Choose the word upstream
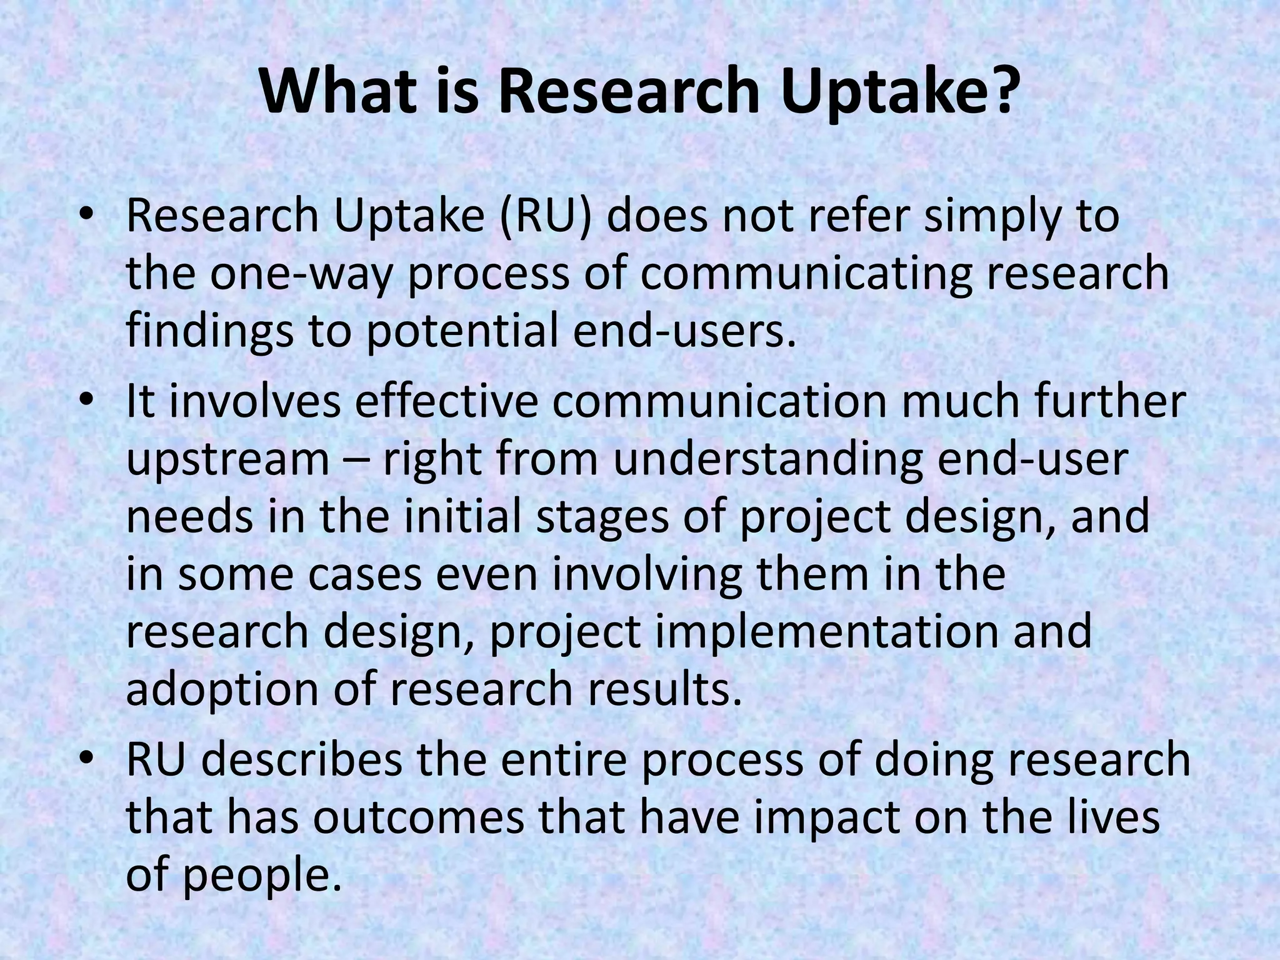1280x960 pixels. coord(227,461)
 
